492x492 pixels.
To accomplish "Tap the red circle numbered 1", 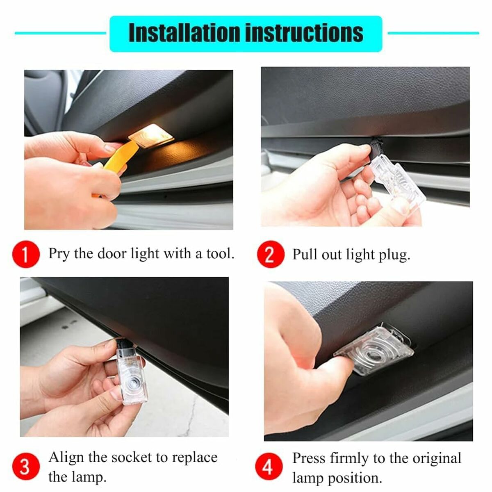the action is pyautogui.click(x=26, y=254).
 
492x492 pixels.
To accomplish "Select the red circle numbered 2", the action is pyautogui.click(x=271, y=254).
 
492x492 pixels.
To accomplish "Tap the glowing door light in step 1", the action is pyautogui.click(x=151, y=136).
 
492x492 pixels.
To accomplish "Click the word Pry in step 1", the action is pyautogui.click(x=59, y=254).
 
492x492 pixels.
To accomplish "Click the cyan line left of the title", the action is pyautogui.click(x=60, y=33).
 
